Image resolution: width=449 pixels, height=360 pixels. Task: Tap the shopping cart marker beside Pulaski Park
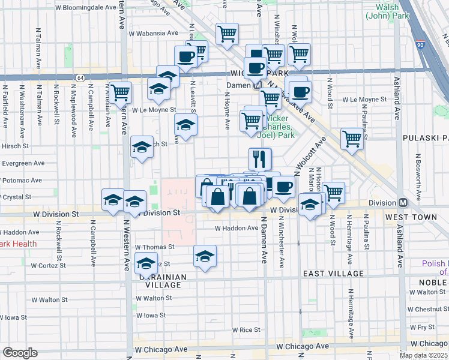(352, 139)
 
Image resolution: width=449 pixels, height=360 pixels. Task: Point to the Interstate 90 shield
(420, 44)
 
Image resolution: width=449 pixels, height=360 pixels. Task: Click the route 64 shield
(80, 77)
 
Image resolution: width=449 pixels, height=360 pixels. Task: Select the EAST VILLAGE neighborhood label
(333, 274)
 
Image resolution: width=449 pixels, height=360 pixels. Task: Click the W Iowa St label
(150, 314)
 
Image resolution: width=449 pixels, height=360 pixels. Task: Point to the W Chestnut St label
(428, 309)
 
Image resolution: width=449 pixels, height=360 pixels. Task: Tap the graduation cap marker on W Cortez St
(146, 262)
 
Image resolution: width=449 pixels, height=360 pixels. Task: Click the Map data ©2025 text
(423, 355)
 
